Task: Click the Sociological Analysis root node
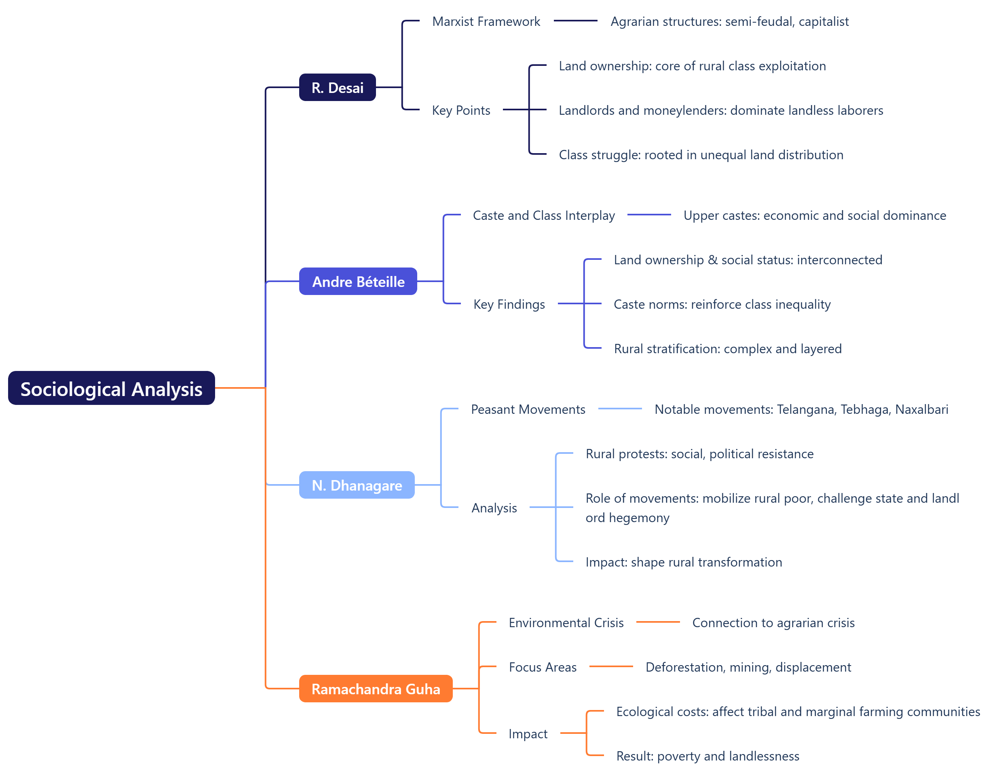point(111,388)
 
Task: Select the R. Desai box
point(338,87)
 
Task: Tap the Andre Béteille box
point(358,282)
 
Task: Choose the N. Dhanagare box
point(357,485)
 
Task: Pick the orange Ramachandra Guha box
point(376,689)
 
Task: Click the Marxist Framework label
point(486,21)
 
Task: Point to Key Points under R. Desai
point(460,110)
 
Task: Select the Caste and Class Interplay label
point(543,216)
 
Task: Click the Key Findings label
point(509,304)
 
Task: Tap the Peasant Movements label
point(528,410)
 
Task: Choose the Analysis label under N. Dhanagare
point(494,508)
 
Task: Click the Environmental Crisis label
point(566,623)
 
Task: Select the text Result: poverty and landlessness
point(707,756)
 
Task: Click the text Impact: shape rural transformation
point(684,562)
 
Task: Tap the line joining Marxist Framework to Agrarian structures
point(575,21)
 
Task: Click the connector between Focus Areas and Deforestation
point(611,667)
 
